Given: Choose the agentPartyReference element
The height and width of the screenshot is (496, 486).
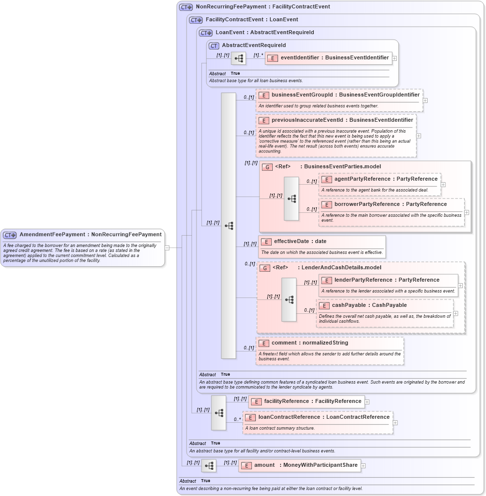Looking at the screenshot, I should point(386,179).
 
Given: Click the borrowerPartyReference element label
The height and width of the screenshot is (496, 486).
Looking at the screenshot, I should point(390,204).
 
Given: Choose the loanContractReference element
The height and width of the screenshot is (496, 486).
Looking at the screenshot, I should point(324,417).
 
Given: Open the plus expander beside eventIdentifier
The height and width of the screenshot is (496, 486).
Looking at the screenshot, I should point(394,58).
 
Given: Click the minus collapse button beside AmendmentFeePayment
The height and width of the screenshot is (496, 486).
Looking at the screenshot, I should point(167,248).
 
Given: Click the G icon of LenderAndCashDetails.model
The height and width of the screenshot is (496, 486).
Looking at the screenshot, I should point(265,268).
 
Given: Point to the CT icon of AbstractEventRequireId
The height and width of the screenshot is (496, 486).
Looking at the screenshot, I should point(214,46).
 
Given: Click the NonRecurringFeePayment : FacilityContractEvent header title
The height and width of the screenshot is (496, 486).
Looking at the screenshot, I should point(262,7).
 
